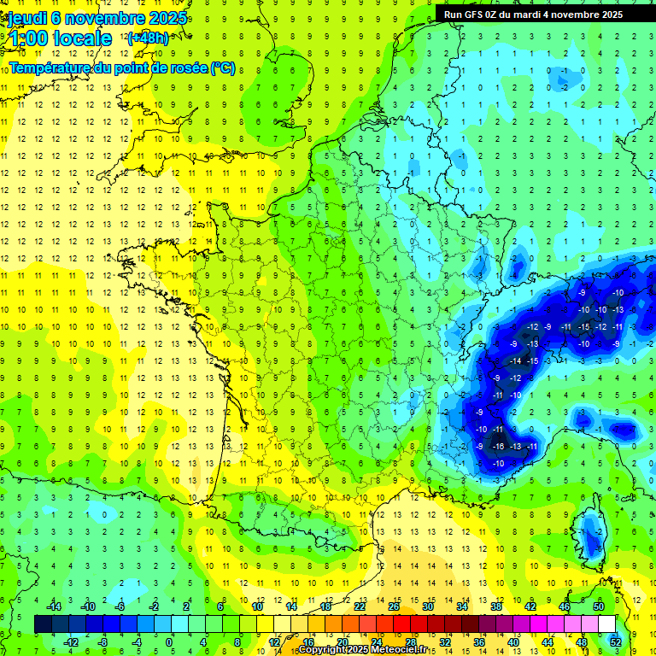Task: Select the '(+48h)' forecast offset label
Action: [148, 38]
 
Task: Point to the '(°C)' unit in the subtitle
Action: [223, 67]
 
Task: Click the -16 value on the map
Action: [497, 446]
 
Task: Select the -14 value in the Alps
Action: [515, 362]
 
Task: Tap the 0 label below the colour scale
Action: [169, 642]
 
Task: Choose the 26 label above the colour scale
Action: [394, 606]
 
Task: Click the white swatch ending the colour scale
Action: [607, 624]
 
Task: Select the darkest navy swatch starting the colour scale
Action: [43, 624]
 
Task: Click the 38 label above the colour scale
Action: [496, 606]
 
